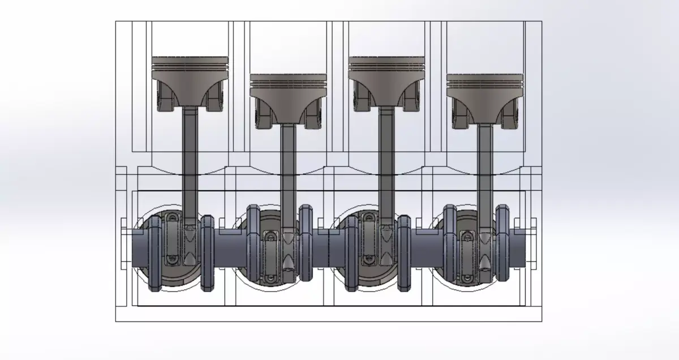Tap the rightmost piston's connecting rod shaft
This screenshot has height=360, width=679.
(x=485, y=170)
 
